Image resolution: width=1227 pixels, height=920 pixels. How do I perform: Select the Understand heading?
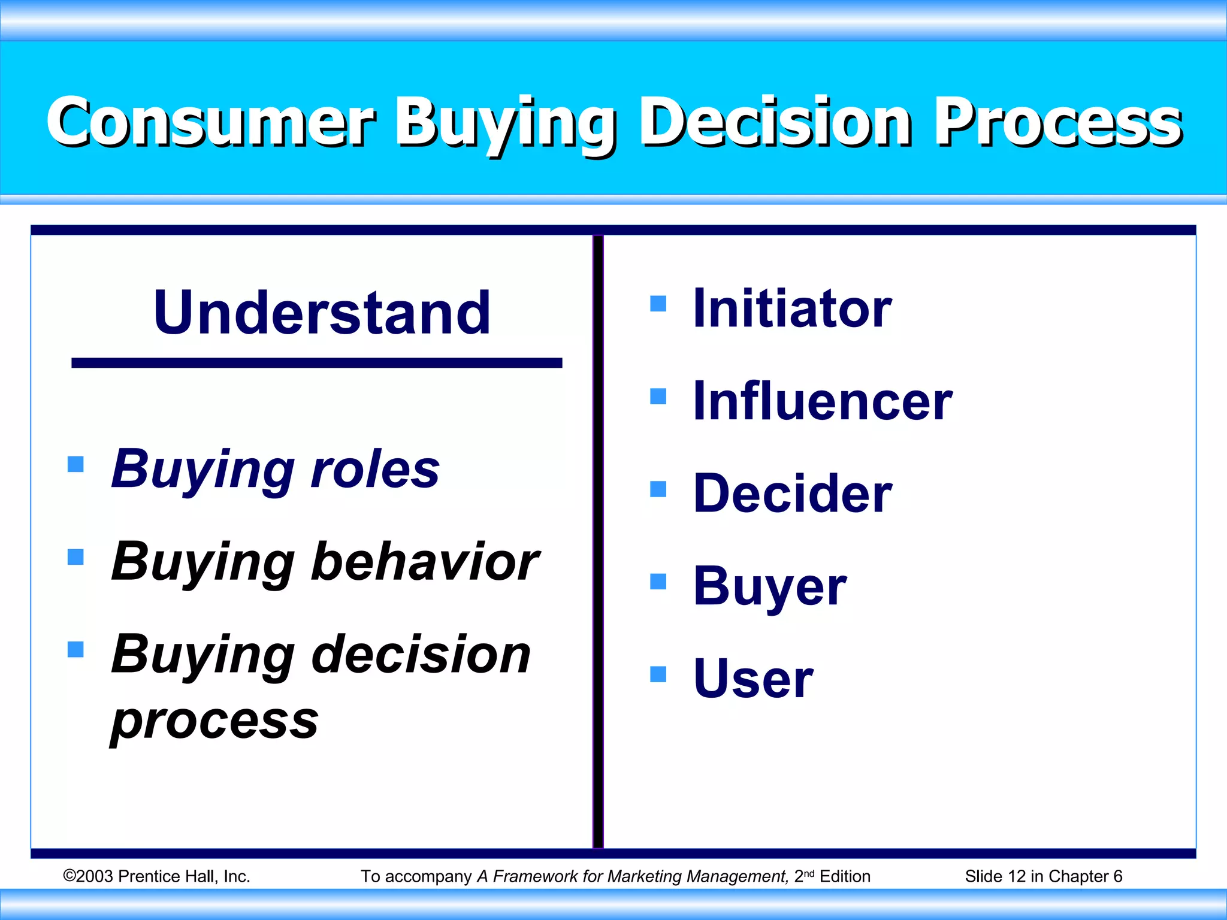tap(322, 312)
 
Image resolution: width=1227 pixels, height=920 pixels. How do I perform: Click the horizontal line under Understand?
tap(316, 363)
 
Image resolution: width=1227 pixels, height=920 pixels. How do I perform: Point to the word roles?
tap(375, 470)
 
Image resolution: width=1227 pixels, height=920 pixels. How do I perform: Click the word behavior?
tap(425, 562)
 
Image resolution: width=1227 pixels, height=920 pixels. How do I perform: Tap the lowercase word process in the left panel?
tap(214, 721)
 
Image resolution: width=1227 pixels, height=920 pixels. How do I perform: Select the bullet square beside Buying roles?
tap(75, 464)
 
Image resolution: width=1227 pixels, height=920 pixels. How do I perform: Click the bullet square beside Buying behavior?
tap(75, 557)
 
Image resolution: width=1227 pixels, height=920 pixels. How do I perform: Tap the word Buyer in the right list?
tap(770, 587)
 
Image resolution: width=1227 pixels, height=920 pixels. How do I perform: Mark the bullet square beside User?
tap(658, 674)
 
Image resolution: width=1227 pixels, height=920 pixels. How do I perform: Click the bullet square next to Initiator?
tap(658, 304)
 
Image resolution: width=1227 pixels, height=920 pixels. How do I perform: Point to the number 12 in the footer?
tap(1016, 876)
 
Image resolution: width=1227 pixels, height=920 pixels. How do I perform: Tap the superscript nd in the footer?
tap(809, 873)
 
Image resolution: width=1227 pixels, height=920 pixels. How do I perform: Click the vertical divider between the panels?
tap(598, 539)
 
